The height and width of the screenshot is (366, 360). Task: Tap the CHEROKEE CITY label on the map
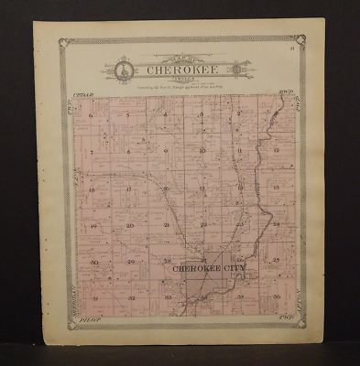202,270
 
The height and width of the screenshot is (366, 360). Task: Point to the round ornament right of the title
236,68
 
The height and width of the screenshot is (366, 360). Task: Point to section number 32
130,298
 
